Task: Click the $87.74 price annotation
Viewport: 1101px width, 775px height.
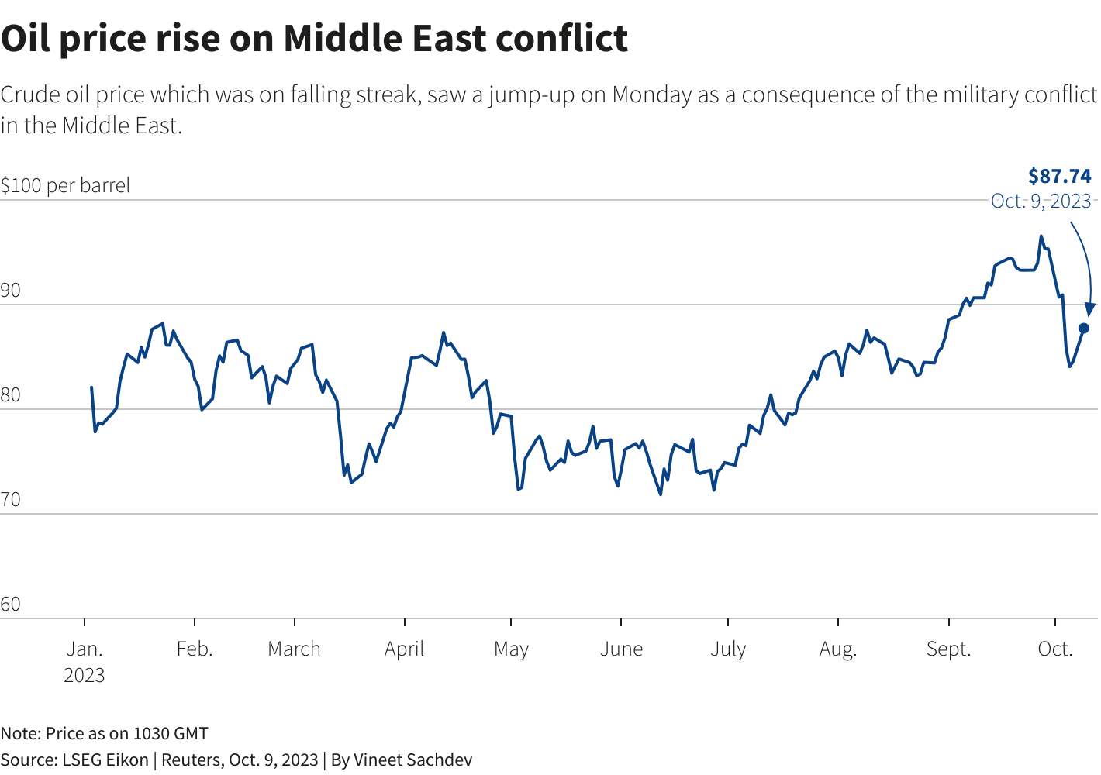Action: (1059, 176)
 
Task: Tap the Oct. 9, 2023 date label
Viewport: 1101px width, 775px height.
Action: (1041, 201)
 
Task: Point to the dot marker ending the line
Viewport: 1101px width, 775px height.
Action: (1084, 329)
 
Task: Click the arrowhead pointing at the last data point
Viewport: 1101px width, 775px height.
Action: (1090, 309)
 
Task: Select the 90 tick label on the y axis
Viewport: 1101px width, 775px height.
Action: (11, 291)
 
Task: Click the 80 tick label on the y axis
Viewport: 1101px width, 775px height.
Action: (11, 395)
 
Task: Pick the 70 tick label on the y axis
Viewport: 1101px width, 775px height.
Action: (11, 500)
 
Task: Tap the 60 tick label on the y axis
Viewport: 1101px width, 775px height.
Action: (11, 604)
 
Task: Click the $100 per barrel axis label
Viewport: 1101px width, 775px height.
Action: (65, 186)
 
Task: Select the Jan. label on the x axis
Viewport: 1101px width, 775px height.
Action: (84, 649)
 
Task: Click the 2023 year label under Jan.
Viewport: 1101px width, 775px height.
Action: (84, 675)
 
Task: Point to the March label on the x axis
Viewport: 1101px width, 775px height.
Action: (294, 649)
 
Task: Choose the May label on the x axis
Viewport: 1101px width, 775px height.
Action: (511, 649)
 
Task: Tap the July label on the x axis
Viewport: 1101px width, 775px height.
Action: (728, 649)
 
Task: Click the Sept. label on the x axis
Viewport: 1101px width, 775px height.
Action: (948, 649)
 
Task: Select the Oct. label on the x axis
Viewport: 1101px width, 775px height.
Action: (1055, 649)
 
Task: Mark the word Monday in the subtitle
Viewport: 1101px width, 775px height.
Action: (651, 95)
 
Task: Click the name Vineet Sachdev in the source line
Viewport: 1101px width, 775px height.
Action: (412, 759)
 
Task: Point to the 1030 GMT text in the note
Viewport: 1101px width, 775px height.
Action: (171, 733)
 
